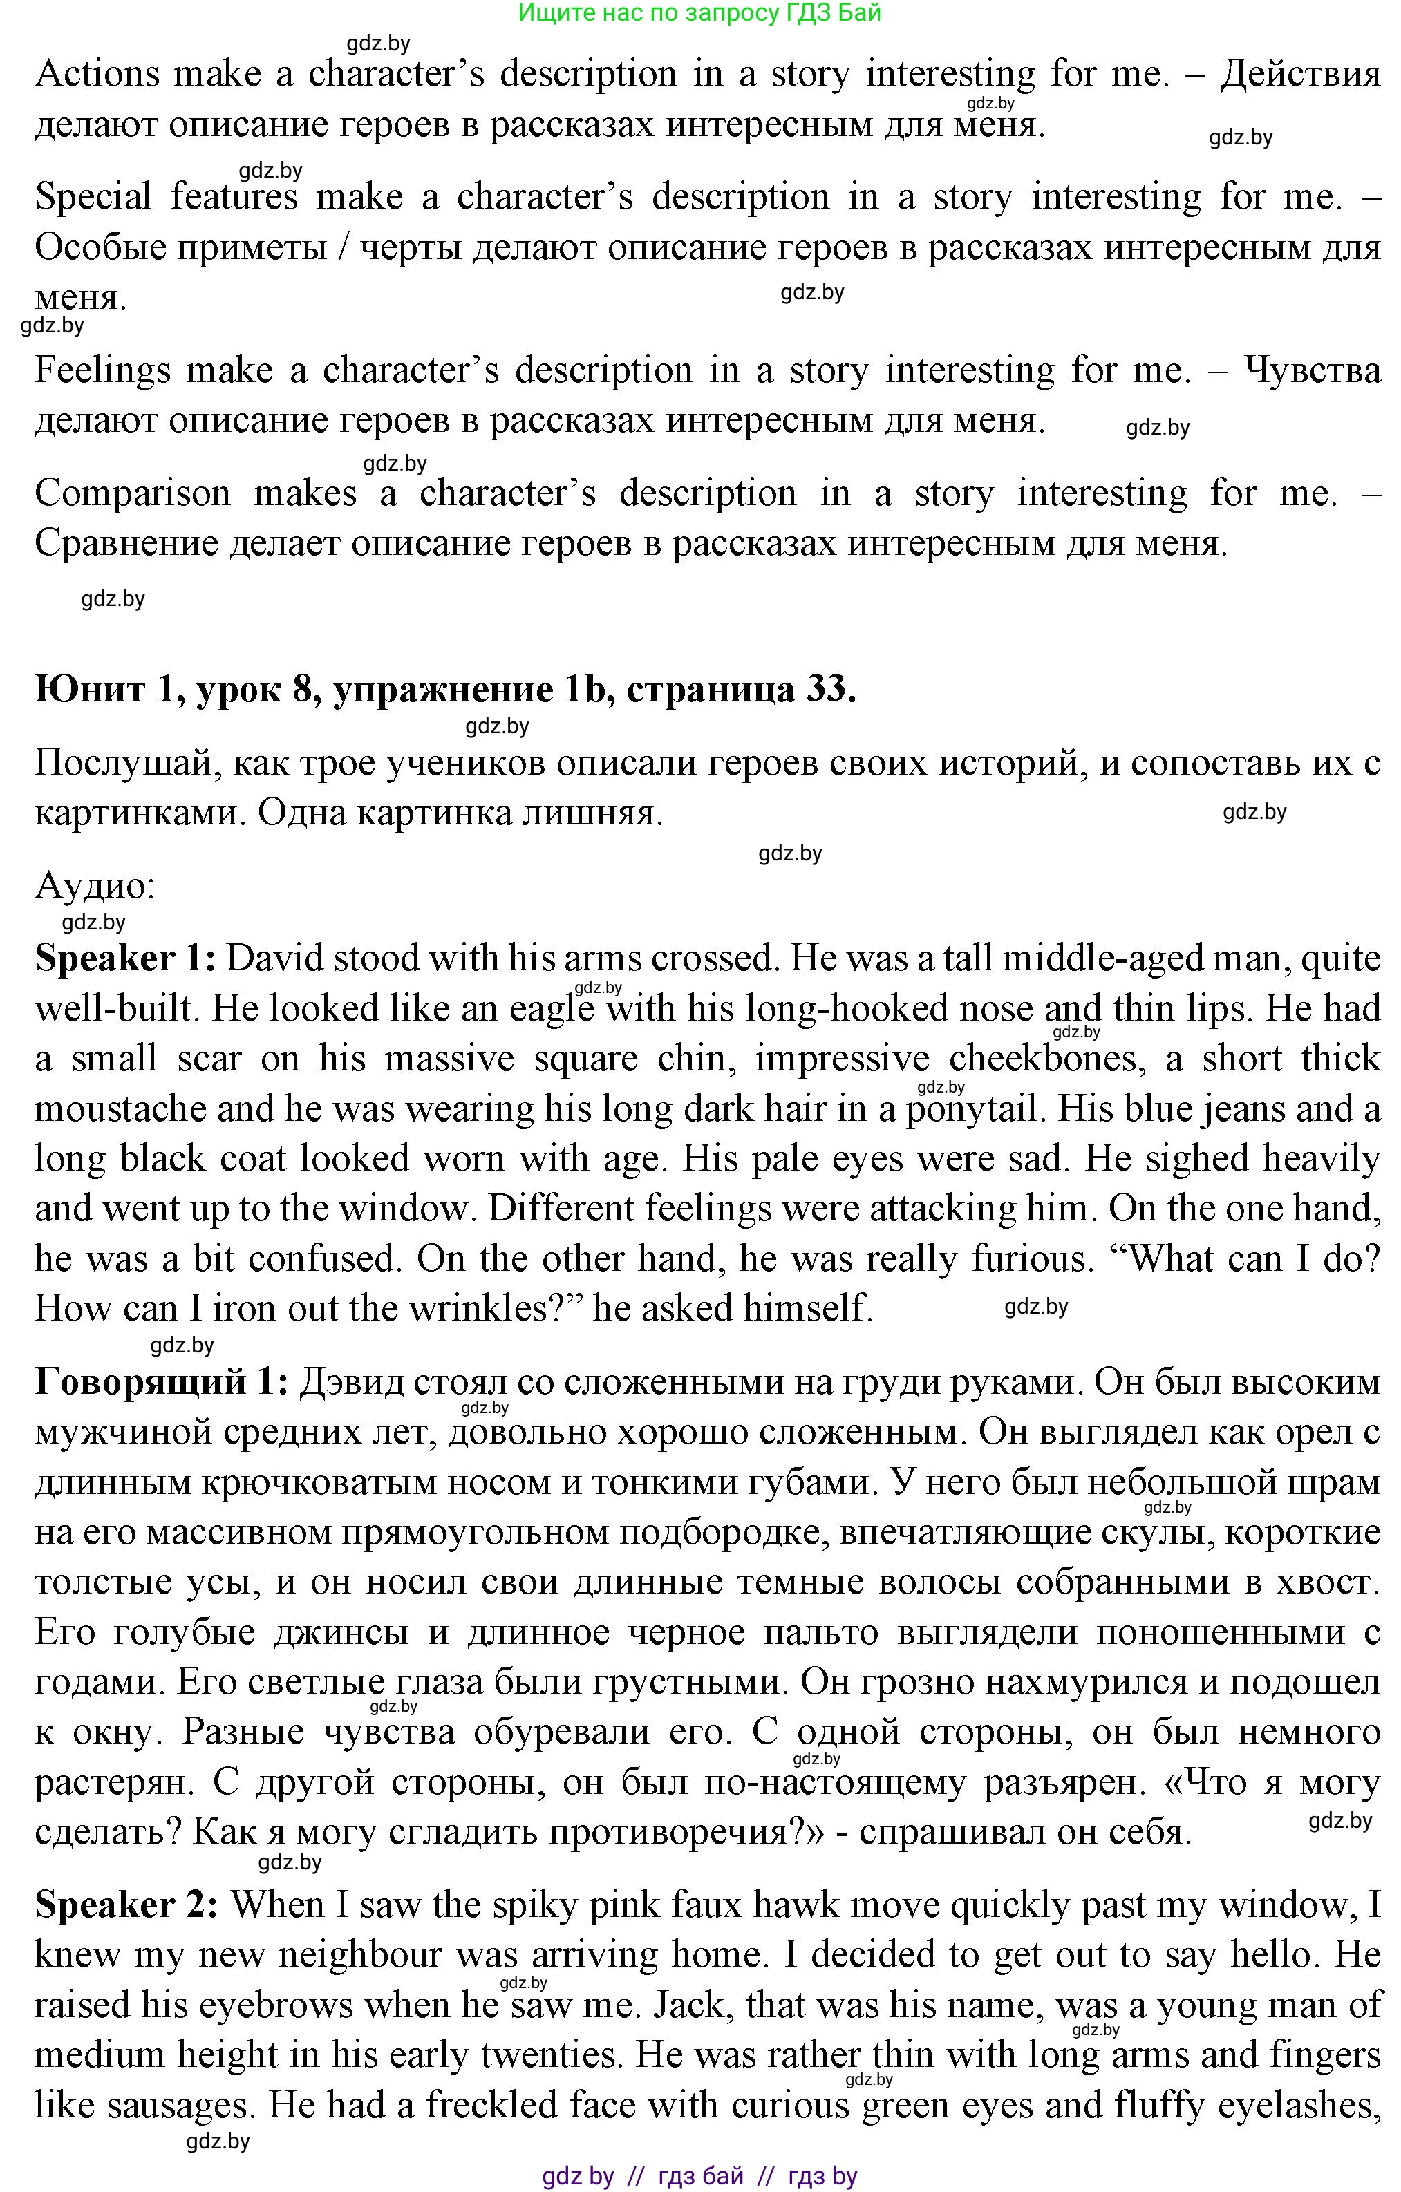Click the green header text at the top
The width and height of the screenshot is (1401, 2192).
tap(699, 12)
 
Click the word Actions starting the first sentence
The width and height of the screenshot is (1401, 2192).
tap(97, 74)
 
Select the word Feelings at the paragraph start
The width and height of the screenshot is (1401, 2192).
tap(102, 370)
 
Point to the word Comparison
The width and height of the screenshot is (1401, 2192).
tap(133, 493)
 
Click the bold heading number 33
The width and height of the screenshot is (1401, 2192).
tap(829, 689)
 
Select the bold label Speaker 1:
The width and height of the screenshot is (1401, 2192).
tap(124, 958)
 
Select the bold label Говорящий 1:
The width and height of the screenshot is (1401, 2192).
tap(161, 1382)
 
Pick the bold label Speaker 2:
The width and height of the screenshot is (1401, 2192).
tap(126, 1905)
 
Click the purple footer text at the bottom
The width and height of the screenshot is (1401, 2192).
tap(699, 2177)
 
